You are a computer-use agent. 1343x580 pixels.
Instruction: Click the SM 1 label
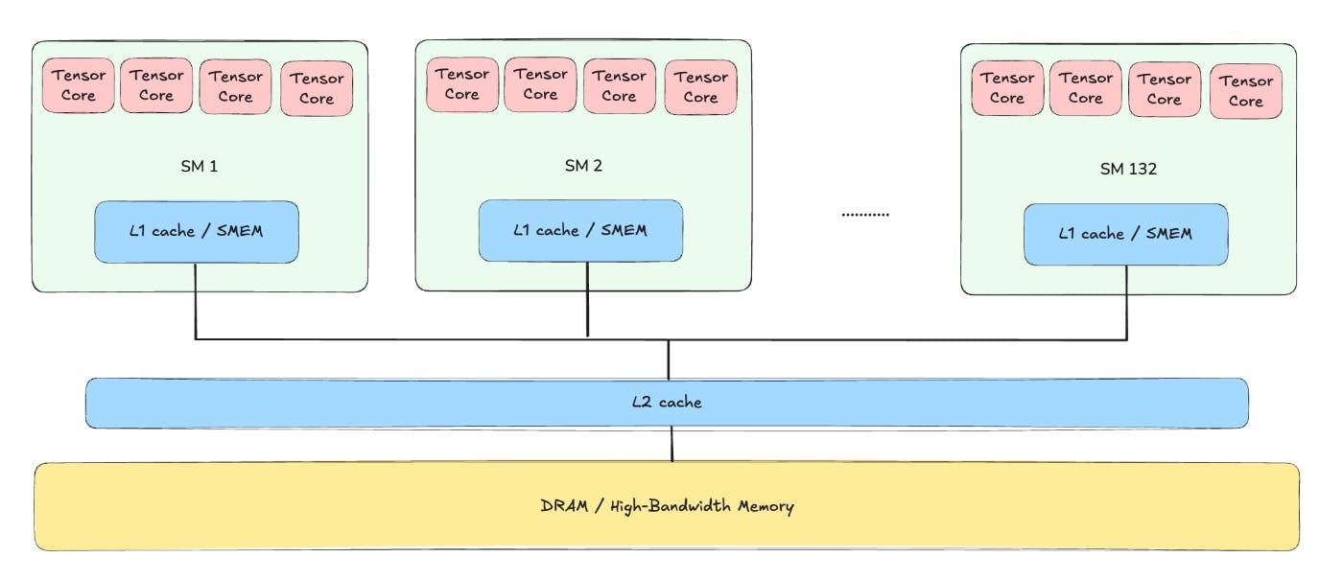tap(200, 165)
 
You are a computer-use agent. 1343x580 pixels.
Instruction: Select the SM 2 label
tap(583, 165)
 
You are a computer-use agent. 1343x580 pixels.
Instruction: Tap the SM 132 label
tap(1128, 169)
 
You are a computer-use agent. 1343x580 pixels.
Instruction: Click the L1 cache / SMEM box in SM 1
tap(197, 232)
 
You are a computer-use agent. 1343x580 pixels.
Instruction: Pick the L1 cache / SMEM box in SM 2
tap(580, 230)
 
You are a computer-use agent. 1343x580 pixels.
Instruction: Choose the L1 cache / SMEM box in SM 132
tap(1125, 234)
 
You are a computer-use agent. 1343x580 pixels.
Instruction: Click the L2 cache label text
tap(667, 403)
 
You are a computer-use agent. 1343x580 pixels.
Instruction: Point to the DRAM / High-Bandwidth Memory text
tap(667, 506)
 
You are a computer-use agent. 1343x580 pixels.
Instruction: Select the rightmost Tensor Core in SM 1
tap(317, 88)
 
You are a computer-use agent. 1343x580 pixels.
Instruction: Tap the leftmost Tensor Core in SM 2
tap(462, 84)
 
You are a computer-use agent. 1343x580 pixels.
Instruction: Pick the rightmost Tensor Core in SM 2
tap(700, 87)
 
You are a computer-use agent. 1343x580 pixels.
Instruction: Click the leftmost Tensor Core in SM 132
tap(1007, 88)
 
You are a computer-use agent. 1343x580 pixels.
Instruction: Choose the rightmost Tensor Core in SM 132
tap(1245, 91)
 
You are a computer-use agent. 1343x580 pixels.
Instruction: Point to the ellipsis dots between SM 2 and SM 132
tap(865, 215)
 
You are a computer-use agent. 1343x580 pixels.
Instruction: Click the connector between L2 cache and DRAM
tap(671, 445)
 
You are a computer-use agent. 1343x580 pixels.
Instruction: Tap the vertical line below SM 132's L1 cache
tap(1126, 302)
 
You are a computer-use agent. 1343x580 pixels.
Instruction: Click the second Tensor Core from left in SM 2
tap(540, 84)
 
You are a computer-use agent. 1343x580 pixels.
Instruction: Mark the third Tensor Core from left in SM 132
tap(1165, 89)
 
